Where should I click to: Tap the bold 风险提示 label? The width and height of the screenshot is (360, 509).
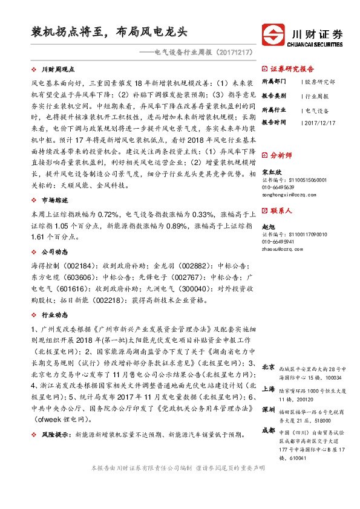tap(54, 434)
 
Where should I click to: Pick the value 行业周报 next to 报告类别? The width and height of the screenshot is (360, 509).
tap(316, 96)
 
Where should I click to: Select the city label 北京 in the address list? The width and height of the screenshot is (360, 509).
tap(252, 367)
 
